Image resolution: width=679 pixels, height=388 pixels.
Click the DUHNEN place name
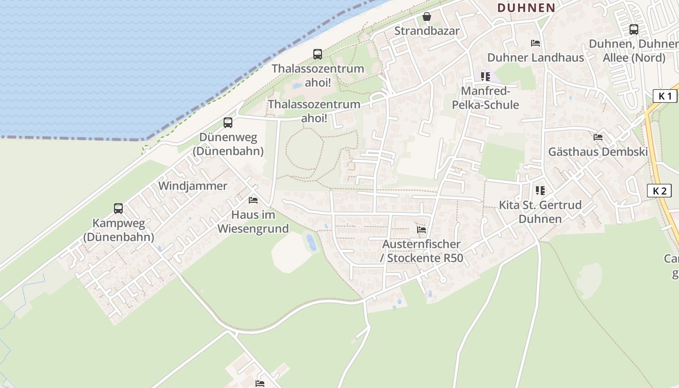[x=526, y=8]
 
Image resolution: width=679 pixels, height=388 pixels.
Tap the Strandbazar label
[x=427, y=31]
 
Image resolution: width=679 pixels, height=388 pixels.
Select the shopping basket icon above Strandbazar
[x=427, y=17]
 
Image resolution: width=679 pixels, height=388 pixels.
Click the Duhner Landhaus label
[x=535, y=57]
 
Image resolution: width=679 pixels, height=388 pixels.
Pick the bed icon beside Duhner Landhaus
[x=535, y=43]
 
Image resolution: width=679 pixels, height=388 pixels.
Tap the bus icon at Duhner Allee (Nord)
[x=633, y=30]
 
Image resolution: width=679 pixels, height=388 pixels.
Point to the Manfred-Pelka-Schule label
[x=485, y=98]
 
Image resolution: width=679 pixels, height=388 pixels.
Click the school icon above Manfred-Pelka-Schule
[x=485, y=77]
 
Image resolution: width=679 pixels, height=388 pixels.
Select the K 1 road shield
[x=664, y=96]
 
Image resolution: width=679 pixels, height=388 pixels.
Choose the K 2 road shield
[x=659, y=191]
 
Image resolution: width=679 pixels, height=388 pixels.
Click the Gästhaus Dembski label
[x=598, y=152]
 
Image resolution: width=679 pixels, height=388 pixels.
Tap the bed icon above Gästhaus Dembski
[x=598, y=137]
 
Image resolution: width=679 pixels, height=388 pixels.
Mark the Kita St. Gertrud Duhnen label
[x=540, y=212]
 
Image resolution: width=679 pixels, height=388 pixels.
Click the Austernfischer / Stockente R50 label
[x=422, y=251]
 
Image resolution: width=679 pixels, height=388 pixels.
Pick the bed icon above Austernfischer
[x=421, y=229]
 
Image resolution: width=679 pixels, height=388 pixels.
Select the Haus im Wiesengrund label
[x=253, y=222]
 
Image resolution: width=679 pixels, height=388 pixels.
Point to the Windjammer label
[x=193, y=186]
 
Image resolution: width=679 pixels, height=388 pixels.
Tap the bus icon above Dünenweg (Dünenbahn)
[x=228, y=123]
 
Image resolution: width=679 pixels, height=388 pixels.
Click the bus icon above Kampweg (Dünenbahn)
[x=118, y=209]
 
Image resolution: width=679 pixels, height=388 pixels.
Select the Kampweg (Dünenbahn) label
[x=118, y=230]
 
